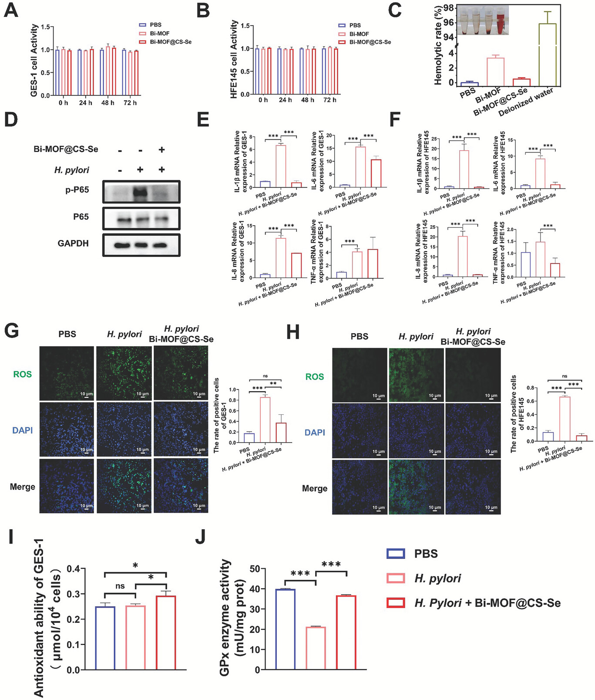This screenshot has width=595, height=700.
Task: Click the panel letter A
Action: click(x=11, y=10)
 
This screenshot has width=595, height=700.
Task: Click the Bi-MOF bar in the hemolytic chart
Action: click(x=495, y=71)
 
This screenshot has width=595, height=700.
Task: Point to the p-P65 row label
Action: click(x=77, y=189)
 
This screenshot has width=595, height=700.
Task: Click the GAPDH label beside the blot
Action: click(x=73, y=243)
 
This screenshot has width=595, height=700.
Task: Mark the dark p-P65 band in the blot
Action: click(x=140, y=192)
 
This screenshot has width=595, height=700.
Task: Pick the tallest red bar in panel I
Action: click(x=166, y=632)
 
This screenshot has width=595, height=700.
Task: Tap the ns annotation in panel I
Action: click(x=120, y=586)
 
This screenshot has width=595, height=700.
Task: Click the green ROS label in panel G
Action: click(x=22, y=374)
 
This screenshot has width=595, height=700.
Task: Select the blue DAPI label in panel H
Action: click(x=315, y=433)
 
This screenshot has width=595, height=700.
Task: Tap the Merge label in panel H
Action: click(x=315, y=488)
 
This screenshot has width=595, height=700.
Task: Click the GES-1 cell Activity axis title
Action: click(x=34, y=60)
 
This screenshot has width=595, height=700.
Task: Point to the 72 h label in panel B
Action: click(x=329, y=100)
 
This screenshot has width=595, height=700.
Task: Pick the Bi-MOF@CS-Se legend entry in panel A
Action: click(x=165, y=42)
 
